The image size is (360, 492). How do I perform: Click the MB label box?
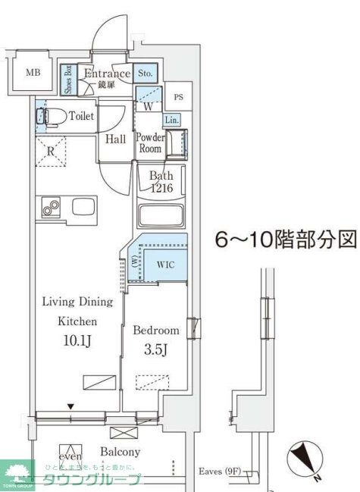(x=33, y=73)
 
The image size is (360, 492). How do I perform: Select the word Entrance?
(x=107, y=74)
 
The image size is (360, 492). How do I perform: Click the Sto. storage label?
(x=146, y=74)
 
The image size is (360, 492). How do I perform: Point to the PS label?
(x=178, y=97)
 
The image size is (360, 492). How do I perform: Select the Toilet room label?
(x=81, y=116)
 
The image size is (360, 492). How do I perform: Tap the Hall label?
(x=115, y=139)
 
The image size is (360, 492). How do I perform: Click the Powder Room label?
(x=150, y=143)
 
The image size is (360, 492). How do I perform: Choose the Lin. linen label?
(x=171, y=120)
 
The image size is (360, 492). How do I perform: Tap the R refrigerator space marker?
(x=51, y=151)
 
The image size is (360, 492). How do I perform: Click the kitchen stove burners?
(x=52, y=207)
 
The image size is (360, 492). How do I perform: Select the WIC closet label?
(x=166, y=265)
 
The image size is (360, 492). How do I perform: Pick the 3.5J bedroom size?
(x=156, y=351)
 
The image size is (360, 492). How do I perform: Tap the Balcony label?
(x=120, y=451)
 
